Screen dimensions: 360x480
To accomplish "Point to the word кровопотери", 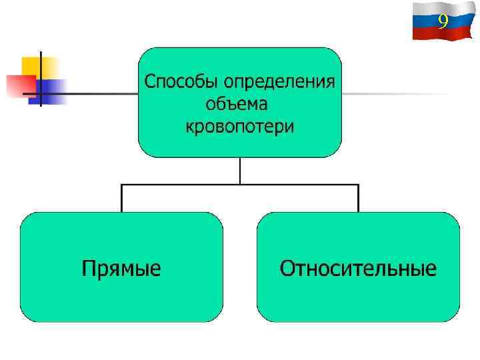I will coord(239,126).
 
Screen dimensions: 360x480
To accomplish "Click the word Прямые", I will coord(121,269).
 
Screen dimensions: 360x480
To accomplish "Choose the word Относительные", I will coord(358,269).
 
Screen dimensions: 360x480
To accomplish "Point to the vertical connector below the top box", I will coord(240,170).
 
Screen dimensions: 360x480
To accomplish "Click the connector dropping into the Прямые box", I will coord(121,199).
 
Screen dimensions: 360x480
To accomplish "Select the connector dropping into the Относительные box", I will coord(358,199).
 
